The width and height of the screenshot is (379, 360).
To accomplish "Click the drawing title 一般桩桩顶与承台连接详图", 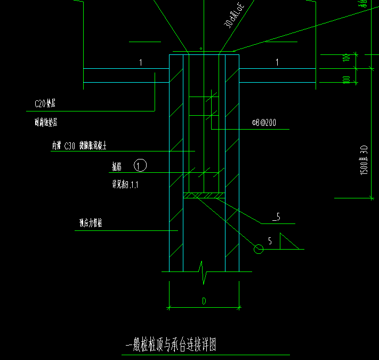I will click(x=170, y=346).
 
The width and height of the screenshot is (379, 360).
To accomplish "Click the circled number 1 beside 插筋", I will click(x=140, y=166).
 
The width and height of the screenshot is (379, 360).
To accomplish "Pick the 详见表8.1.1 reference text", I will click(x=124, y=185).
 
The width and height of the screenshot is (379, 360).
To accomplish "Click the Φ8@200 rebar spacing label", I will click(x=264, y=123).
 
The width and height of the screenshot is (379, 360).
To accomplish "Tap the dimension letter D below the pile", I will click(x=204, y=301).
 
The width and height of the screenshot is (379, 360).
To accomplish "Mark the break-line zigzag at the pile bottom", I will click(x=203, y=270).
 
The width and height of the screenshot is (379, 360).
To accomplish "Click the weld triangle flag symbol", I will click(x=287, y=242).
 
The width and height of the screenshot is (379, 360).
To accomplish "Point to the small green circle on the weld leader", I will click(x=259, y=249).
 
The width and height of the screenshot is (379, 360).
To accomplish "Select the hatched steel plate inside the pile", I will click(x=204, y=196).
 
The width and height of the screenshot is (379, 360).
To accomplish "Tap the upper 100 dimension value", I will click(x=346, y=58).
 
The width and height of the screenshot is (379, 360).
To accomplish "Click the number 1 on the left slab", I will click(x=141, y=63).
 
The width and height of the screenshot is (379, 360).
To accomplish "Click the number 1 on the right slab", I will click(x=277, y=63).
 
